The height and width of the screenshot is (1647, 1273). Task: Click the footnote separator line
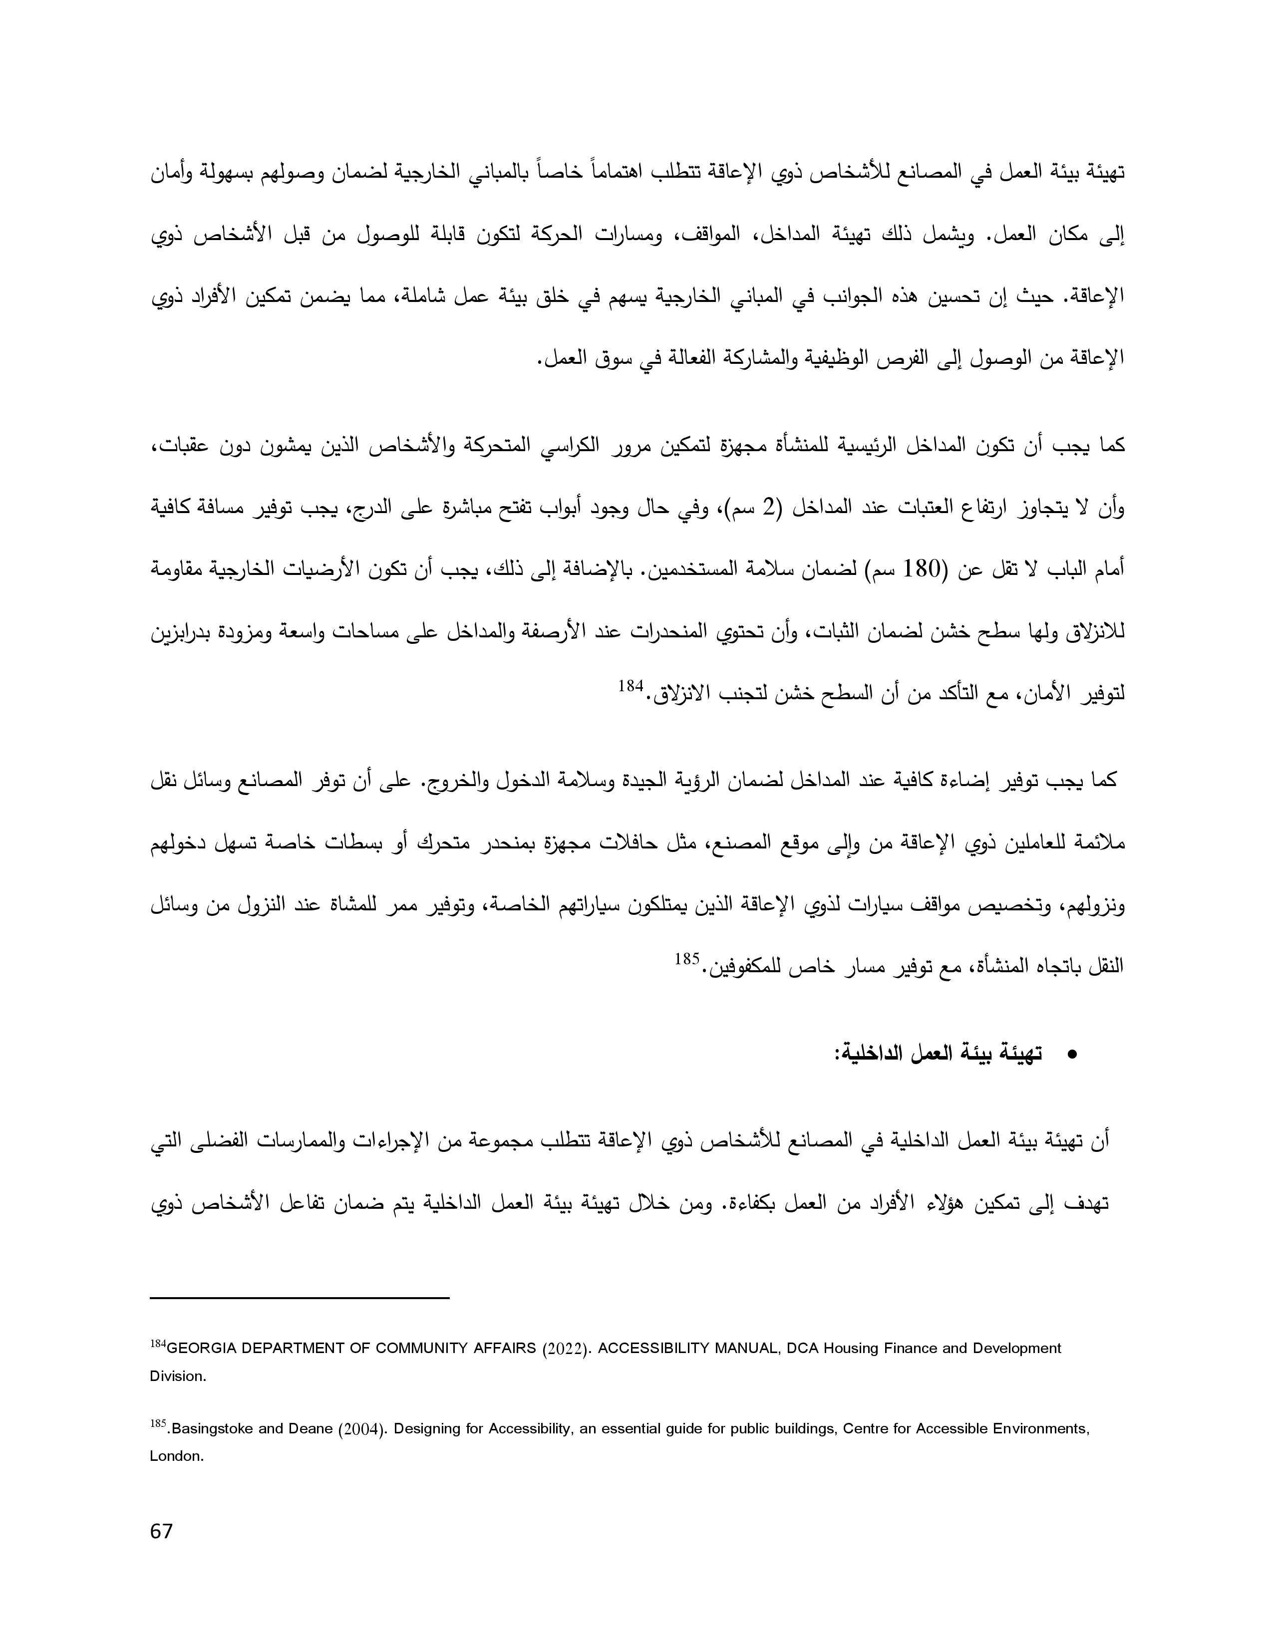point(300,1298)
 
